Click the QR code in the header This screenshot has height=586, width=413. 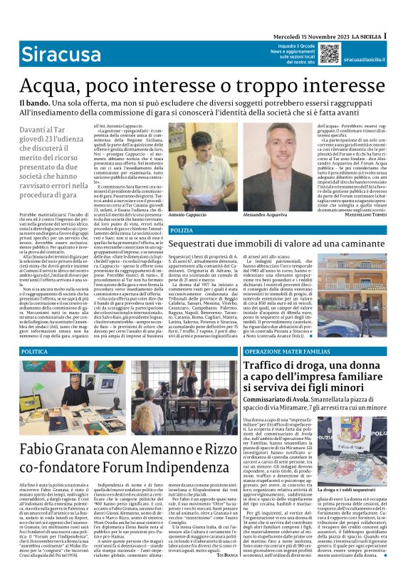click(x=329, y=54)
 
